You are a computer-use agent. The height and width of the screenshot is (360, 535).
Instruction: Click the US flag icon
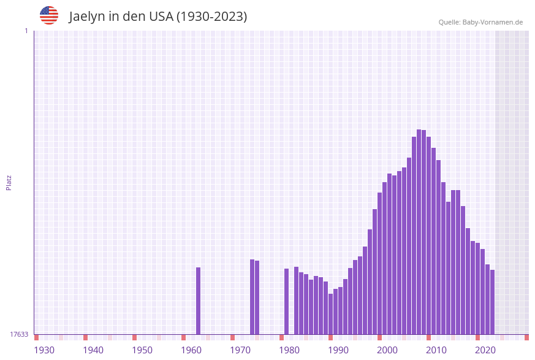click(49, 15)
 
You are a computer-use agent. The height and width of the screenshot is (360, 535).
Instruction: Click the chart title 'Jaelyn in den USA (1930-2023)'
click(158, 17)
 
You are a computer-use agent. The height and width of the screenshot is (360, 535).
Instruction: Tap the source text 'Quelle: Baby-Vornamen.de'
click(480, 22)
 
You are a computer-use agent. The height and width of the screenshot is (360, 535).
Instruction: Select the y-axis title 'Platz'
click(9, 182)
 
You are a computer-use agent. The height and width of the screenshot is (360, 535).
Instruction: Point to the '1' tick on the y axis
click(26, 31)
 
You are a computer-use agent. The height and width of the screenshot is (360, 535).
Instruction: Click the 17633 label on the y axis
click(19, 334)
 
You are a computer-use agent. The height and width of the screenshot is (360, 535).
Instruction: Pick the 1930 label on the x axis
click(44, 350)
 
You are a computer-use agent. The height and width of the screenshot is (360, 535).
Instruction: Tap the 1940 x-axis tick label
click(93, 350)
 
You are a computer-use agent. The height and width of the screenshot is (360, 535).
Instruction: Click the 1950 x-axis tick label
click(142, 350)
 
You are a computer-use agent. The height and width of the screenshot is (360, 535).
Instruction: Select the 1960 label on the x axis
click(191, 350)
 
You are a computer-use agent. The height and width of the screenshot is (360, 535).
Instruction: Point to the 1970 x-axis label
click(240, 350)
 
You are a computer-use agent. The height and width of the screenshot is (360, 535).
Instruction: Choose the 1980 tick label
click(289, 350)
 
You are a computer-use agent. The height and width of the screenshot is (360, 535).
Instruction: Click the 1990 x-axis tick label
click(338, 350)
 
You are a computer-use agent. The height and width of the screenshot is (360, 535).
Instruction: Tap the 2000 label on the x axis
click(387, 350)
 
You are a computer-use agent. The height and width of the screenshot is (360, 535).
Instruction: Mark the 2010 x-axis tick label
click(436, 350)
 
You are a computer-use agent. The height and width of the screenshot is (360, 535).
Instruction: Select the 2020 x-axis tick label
click(485, 350)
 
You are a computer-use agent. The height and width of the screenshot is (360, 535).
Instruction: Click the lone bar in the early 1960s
click(199, 301)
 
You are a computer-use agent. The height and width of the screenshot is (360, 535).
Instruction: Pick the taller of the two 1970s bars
click(252, 297)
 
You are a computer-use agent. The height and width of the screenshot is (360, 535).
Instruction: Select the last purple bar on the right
click(492, 302)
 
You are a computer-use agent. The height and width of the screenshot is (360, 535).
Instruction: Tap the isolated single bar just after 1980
click(286, 301)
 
